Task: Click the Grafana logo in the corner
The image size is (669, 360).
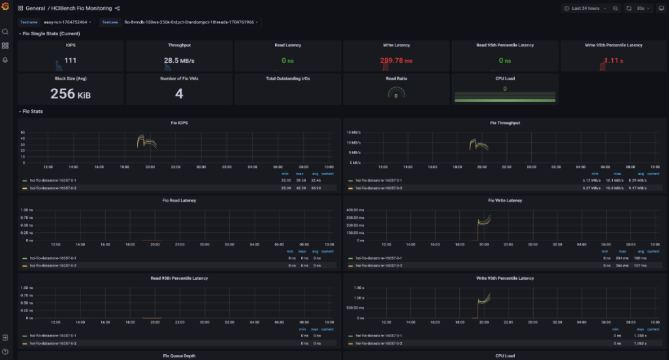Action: click(5, 8)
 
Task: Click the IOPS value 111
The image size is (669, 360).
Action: click(71, 61)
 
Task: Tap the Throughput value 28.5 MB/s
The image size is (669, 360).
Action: click(180, 61)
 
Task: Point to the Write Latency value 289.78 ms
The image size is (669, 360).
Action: click(397, 61)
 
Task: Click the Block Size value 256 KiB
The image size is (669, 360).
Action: click(71, 93)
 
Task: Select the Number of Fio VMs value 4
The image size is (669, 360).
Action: click(179, 93)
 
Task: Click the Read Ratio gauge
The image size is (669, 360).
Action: click(397, 95)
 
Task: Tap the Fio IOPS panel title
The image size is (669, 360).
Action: click(179, 122)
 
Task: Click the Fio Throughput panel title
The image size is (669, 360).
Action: click(505, 122)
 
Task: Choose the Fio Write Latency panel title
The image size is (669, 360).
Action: click(505, 201)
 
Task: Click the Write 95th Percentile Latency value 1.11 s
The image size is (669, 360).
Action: click(613, 61)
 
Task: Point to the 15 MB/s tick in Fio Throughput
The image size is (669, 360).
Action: click(354, 132)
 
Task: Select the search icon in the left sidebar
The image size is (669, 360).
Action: click(5, 31)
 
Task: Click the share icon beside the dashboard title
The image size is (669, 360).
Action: click(118, 8)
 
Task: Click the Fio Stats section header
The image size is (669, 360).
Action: click(33, 111)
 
